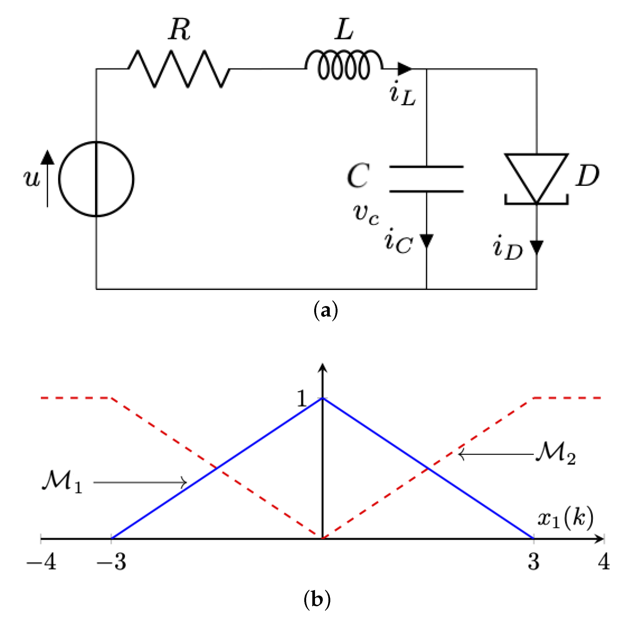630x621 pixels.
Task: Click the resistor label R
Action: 179,30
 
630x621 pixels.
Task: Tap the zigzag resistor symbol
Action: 179,69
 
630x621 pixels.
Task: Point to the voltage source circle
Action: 96,179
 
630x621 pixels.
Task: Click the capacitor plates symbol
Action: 426,179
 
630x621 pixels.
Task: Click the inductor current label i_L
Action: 402,94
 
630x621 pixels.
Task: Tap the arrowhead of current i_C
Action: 426,241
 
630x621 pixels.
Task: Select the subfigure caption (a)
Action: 325,310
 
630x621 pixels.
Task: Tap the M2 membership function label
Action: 555,453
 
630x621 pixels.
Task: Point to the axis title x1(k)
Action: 565,518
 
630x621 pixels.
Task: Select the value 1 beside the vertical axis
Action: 302,398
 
